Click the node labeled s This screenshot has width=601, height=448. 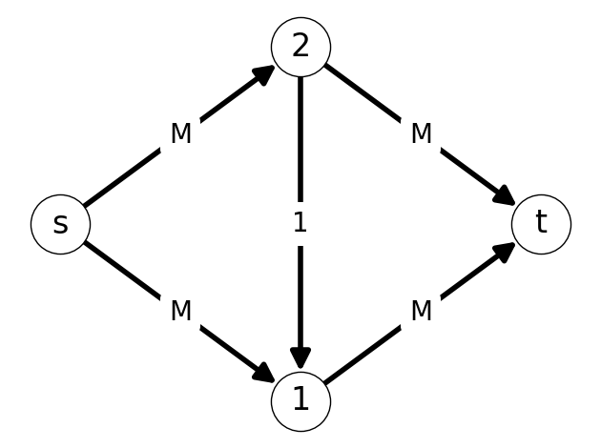(60, 224)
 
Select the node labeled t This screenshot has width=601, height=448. (541, 224)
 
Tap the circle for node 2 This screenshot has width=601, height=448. (300, 47)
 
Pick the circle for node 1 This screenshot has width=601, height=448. (300, 401)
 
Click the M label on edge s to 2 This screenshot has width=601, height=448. (181, 133)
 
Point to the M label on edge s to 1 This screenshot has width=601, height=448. (181, 310)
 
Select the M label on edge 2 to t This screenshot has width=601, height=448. (422, 133)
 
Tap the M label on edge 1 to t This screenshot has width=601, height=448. (422, 310)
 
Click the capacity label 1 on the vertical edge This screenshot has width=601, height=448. (300, 222)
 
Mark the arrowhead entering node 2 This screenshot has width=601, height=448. (263, 74)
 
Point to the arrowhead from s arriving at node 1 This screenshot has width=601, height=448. (263, 372)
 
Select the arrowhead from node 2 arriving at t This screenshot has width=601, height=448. (504, 195)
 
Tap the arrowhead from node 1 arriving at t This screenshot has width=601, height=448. (504, 253)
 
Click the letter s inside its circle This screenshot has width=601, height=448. (60, 224)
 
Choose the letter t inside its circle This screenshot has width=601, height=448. (541, 221)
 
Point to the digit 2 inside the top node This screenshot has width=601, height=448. (300, 47)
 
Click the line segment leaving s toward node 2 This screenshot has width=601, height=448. (122, 177)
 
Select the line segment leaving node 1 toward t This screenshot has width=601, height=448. (363, 355)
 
